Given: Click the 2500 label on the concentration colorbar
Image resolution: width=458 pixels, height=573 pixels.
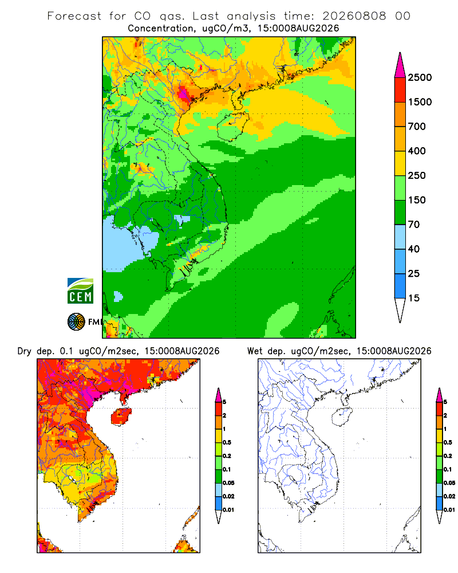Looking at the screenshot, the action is pyautogui.click(x=420, y=77).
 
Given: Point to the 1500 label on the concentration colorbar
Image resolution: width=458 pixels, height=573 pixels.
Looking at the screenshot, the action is pyautogui.click(x=420, y=102).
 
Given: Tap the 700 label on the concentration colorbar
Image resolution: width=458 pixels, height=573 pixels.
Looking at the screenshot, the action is pyautogui.click(x=417, y=127).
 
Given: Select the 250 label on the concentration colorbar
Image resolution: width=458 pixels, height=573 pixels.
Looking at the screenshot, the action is pyautogui.click(x=417, y=175).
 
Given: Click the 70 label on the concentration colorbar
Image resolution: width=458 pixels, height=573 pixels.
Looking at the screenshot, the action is pyautogui.click(x=414, y=225).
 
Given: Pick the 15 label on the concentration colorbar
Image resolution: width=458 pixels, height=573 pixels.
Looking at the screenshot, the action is pyautogui.click(x=414, y=298).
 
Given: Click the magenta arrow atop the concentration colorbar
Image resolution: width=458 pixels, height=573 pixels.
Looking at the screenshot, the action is pyautogui.click(x=400, y=65).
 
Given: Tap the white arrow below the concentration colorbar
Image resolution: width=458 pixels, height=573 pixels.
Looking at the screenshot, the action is pyautogui.click(x=400, y=310).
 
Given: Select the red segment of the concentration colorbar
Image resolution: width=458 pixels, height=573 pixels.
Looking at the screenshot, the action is pyautogui.click(x=400, y=90).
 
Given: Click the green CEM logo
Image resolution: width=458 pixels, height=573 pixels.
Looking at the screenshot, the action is pyautogui.click(x=80, y=291).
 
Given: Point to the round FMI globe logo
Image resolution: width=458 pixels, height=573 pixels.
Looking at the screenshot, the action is pyautogui.click(x=76, y=322).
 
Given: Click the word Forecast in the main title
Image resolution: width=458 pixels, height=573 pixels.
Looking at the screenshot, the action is pyautogui.click(x=74, y=16).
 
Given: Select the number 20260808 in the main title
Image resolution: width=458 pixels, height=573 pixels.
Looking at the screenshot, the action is pyautogui.click(x=354, y=16).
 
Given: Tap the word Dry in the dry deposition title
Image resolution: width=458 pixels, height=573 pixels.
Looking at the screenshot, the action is pyautogui.click(x=25, y=351).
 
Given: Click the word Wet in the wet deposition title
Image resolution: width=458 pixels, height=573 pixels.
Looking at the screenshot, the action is pyautogui.click(x=255, y=351).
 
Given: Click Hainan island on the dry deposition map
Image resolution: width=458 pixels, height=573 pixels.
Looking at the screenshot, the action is pyautogui.click(x=121, y=417).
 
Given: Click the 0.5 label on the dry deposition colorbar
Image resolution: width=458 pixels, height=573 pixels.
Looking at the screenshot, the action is pyautogui.click(x=227, y=442).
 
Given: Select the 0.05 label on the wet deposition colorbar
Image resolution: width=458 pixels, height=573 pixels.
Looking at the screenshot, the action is pyautogui.click(x=449, y=483).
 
